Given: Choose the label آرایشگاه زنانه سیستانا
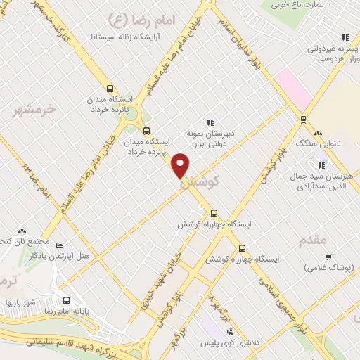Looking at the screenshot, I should [x=127, y=33].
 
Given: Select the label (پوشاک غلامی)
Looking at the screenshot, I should [x=328, y=267].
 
